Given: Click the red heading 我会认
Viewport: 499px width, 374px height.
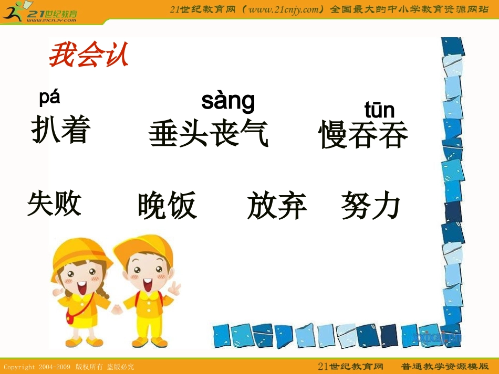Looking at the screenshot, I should (88, 56).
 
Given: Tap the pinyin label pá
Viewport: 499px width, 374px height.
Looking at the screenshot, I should (49, 98).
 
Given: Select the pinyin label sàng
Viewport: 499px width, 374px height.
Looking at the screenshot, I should (228, 101).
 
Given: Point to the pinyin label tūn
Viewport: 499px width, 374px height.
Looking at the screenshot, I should (379, 110).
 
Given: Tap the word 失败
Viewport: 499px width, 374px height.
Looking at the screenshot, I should (55, 204).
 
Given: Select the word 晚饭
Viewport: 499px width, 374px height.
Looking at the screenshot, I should (167, 205).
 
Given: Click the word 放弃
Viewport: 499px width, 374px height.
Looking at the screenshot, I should (277, 205).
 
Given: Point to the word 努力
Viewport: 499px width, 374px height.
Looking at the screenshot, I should (371, 205).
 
